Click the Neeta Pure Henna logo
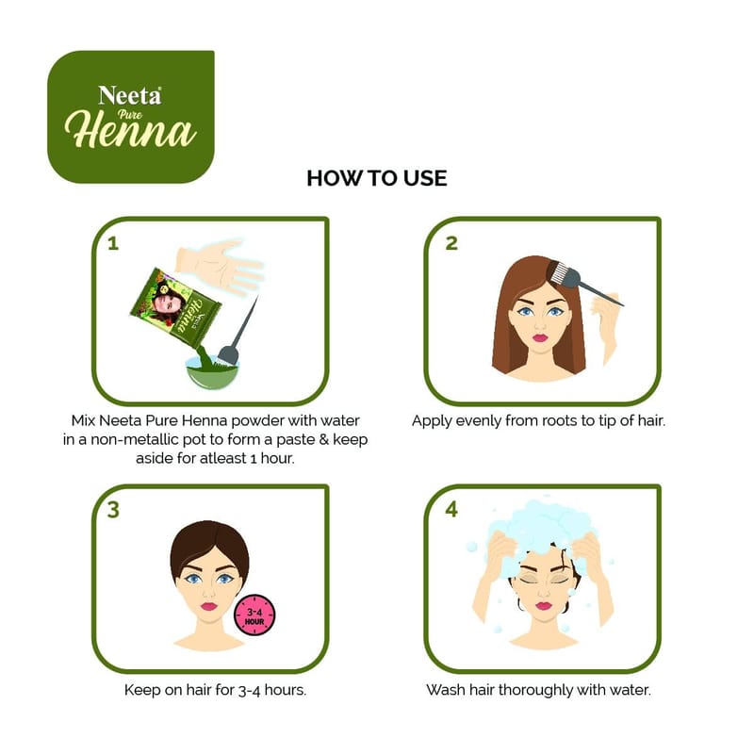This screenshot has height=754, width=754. [131, 117]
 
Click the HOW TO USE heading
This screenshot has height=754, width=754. [377, 178]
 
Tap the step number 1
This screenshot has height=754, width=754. [113, 244]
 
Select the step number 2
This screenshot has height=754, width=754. [451, 243]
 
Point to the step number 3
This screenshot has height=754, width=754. [113, 510]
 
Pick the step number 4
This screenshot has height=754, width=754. [451, 509]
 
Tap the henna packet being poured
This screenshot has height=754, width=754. [176, 308]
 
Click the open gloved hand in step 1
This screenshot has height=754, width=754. [219, 266]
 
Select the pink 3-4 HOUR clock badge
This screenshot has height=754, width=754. [254, 615]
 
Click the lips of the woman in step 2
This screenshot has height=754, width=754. [539, 337]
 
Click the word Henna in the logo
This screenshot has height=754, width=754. [131, 130]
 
